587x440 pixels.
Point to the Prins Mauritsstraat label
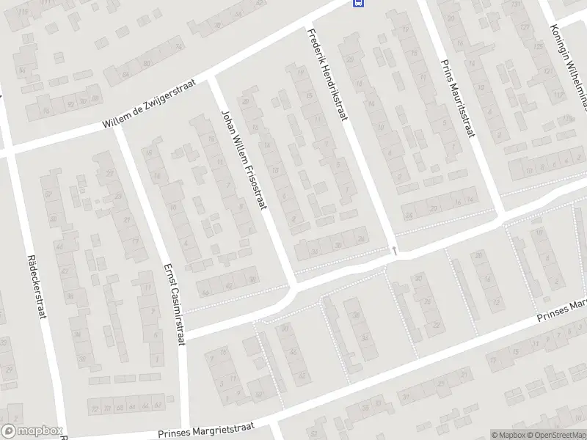(456, 98)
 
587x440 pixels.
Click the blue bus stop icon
(357, 3)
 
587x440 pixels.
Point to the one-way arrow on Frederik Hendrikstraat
(394, 252)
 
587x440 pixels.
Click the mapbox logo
(31, 431)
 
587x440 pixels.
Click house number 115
(25, 12)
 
